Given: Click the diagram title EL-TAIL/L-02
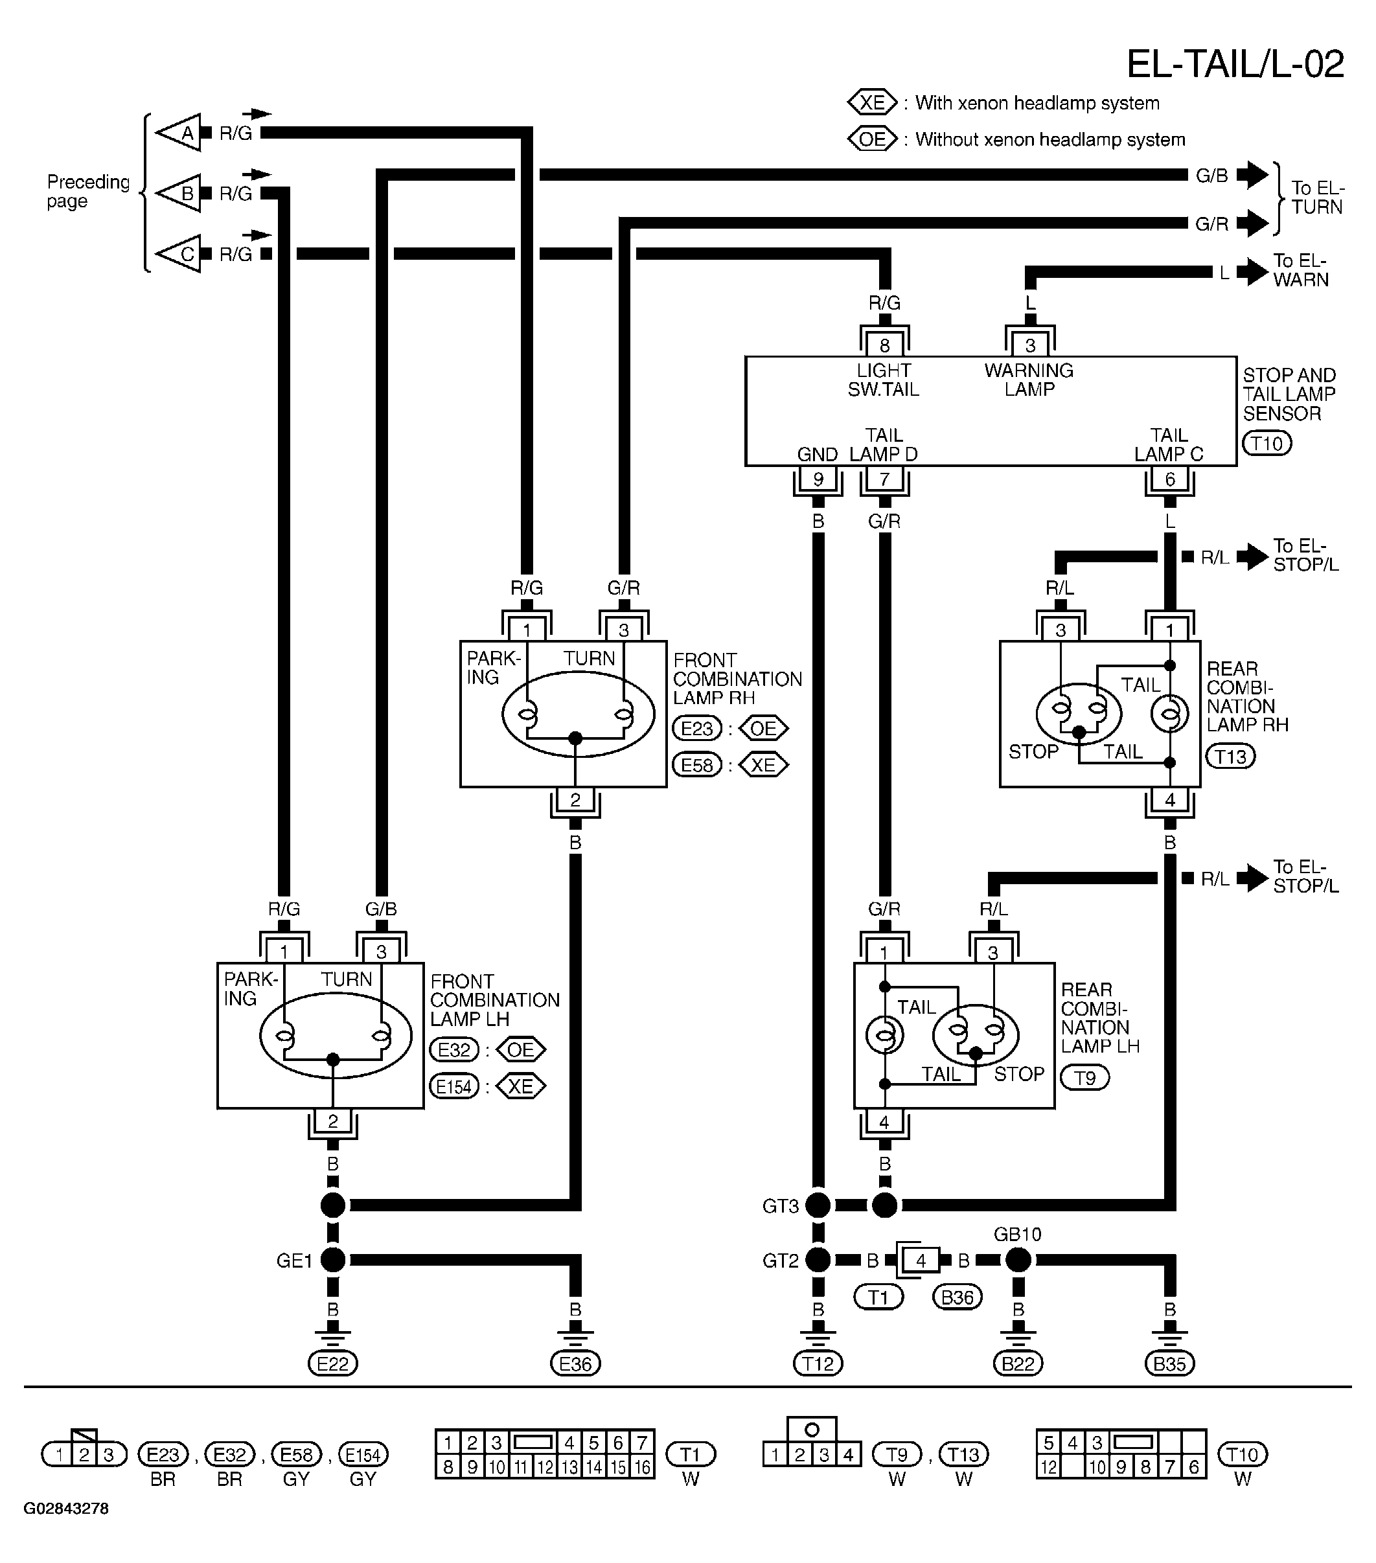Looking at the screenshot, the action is (x=1235, y=64).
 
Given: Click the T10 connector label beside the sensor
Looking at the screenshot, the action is (x=1267, y=444).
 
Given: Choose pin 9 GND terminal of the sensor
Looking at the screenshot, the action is (x=818, y=479).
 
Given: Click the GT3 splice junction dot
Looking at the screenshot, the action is (x=818, y=1205).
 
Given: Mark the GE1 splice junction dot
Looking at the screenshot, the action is (x=333, y=1259).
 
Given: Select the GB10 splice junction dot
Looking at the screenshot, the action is (x=1018, y=1259).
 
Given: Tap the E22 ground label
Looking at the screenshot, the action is (x=333, y=1363).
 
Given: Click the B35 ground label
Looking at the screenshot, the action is (x=1169, y=1363).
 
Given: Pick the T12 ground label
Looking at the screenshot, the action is (x=818, y=1363).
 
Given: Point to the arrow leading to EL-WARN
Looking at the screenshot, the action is (x=1252, y=271).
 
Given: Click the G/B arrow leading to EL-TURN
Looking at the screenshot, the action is (x=1252, y=175).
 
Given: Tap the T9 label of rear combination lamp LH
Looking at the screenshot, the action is (x=1084, y=1077).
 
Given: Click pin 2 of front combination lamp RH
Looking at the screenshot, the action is (x=575, y=800).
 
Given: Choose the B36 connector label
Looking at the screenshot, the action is (x=957, y=1297).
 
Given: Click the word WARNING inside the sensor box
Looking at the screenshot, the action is (x=1029, y=370).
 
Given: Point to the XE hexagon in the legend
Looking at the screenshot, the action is (x=872, y=102).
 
